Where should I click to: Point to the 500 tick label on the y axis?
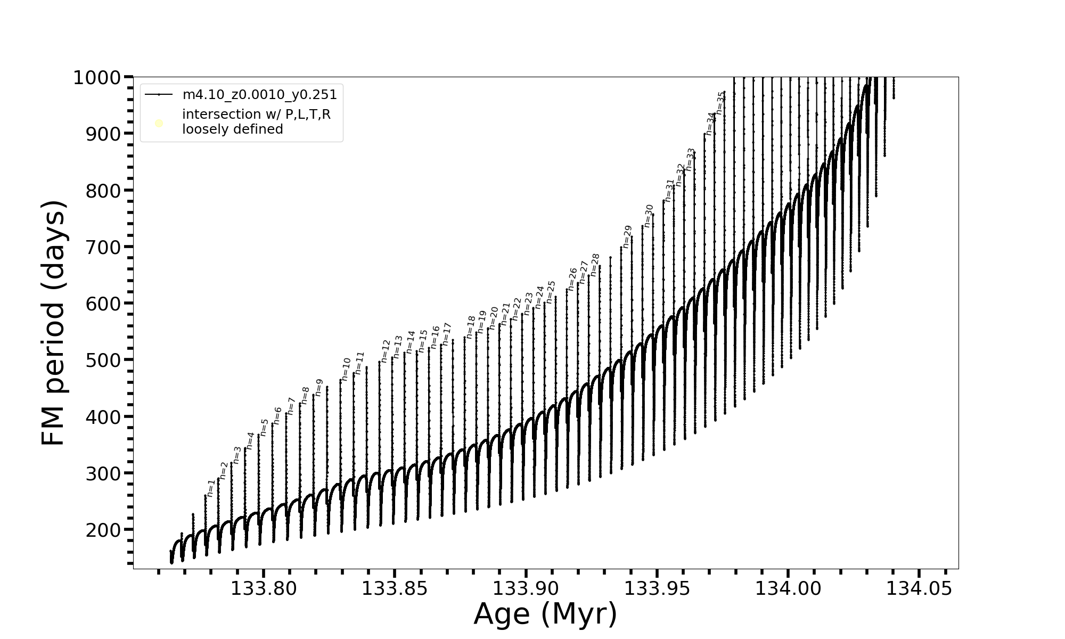point(103,360)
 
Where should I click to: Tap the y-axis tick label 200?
point(103,530)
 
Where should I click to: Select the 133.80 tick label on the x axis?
point(263,588)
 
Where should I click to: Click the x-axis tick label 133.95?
point(657,588)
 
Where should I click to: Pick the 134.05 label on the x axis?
point(919,588)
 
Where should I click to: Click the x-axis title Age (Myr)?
point(545,614)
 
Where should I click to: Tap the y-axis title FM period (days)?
point(54,323)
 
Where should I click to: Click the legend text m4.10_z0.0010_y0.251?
point(259,95)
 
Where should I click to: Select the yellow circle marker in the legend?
point(159,124)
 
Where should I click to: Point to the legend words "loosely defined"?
point(232,129)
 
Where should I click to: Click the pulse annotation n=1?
point(211,488)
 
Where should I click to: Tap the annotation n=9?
point(319,387)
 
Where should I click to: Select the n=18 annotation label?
point(471,327)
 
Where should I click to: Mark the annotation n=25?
point(551,292)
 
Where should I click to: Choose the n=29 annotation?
point(627,236)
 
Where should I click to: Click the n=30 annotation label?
point(649,215)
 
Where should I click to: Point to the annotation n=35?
point(720,103)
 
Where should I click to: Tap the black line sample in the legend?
point(159,95)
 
